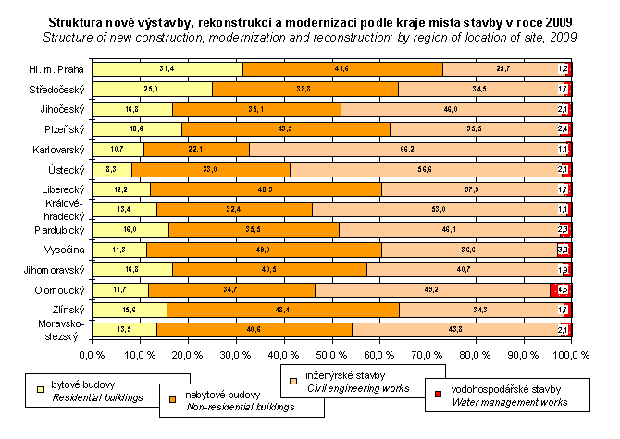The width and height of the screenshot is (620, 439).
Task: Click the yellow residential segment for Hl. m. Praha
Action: pos(167,68)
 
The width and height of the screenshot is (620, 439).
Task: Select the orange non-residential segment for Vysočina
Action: pos(264,250)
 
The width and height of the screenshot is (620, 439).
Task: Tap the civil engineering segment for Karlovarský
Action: pos(410,149)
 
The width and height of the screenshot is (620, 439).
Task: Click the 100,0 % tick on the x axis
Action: pos(568,354)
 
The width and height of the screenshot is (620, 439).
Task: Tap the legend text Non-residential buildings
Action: pos(230,404)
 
